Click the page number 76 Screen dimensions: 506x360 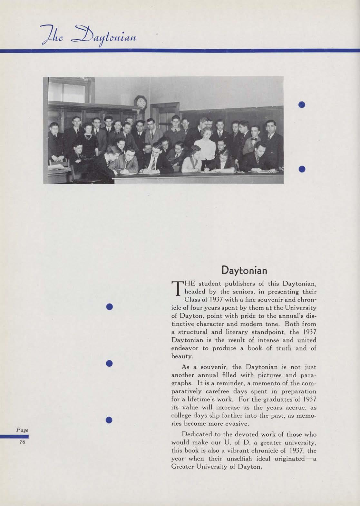pyautogui.click(x=22, y=442)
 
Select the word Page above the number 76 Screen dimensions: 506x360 pyautogui.click(x=22, y=430)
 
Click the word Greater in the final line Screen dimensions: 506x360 pyautogui.click(x=181, y=466)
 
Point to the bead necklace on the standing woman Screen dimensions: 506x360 pyautogui.click(x=88, y=136)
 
